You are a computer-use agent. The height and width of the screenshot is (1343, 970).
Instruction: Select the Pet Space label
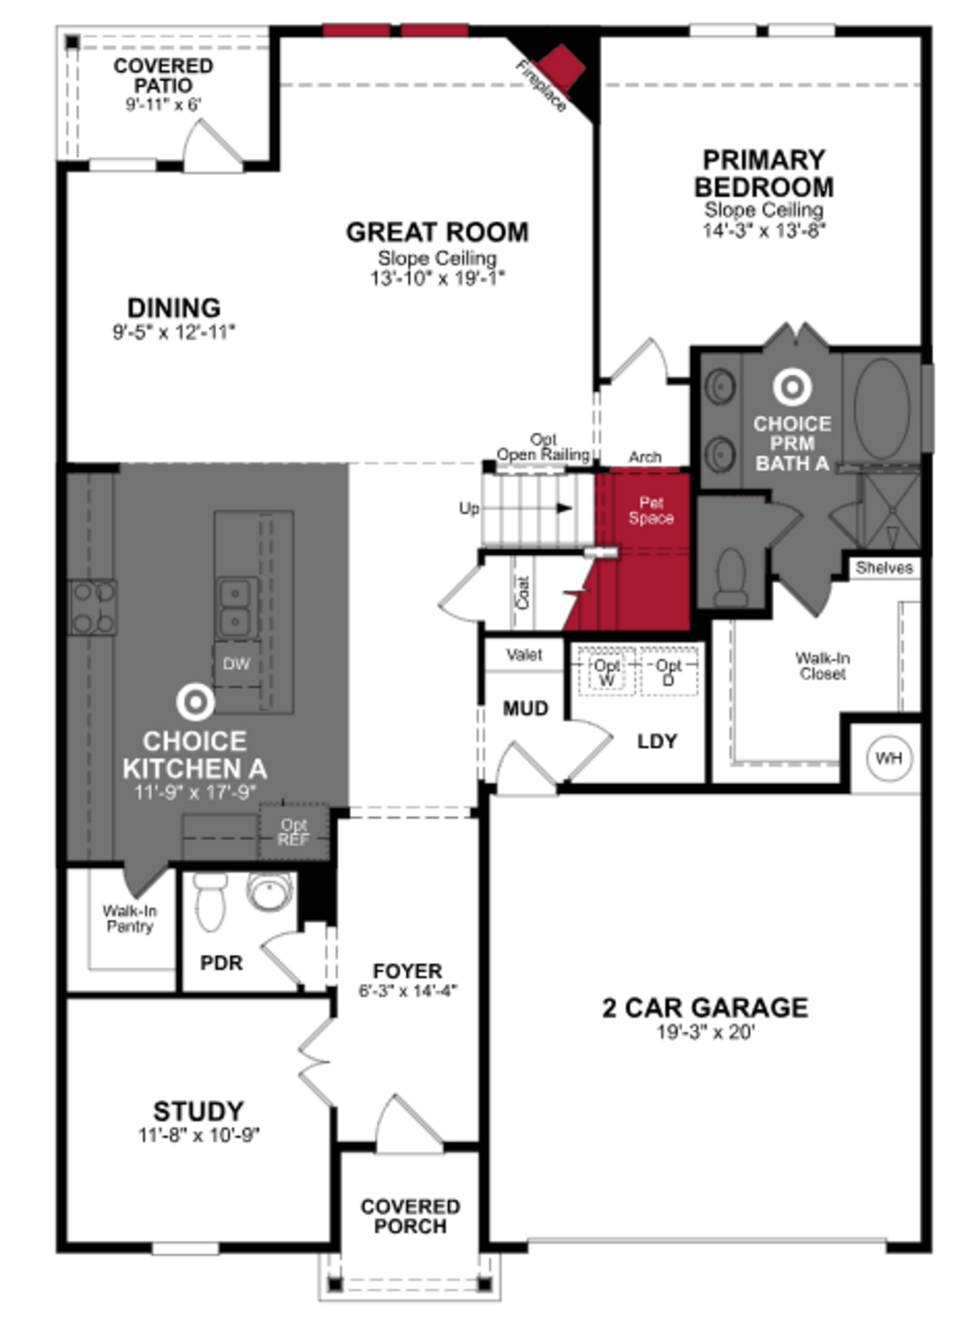click(x=651, y=510)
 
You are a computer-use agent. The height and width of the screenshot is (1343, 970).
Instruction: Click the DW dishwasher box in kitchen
click(x=236, y=664)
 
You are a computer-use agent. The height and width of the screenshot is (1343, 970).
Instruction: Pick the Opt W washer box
click(x=607, y=671)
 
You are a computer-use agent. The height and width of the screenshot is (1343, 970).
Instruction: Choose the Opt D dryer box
click(x=669, y=671)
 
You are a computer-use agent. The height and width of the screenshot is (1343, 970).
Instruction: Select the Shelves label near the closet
click(x=884, y=568)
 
